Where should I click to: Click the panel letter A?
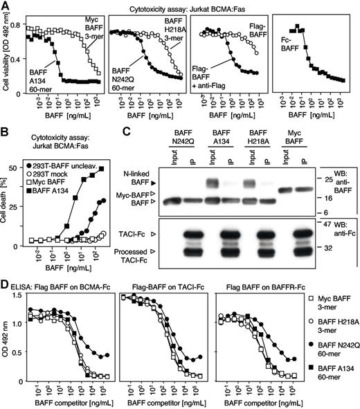tap(6, 6)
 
